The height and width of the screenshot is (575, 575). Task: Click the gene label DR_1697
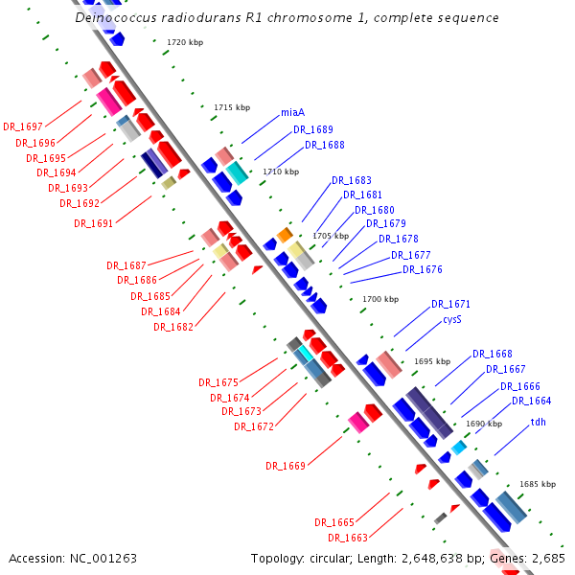(x=22, y=126)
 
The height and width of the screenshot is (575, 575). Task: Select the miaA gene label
(x=292, y=113)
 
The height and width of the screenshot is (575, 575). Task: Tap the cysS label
(x=452, y=320)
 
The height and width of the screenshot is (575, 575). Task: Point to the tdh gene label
(x=539, y=422)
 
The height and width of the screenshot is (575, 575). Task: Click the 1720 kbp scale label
(x=185, y=43)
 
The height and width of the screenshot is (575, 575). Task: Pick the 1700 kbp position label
(x=380, y=300)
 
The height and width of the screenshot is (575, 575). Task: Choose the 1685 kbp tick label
(x=538, y=485)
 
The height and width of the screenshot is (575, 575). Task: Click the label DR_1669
(x=285, y=467)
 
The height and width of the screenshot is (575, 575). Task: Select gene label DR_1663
(x=347, y=538)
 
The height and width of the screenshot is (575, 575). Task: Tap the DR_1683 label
(x=351, y=180)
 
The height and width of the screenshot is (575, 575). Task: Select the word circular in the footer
(x=333, y=558)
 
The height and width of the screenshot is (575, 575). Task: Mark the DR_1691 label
(x=93, y=224)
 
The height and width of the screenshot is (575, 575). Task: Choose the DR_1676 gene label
(x=422, y=270)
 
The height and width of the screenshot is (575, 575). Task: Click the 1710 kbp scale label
(x=282, y=172)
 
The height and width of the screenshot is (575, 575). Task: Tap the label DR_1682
(x=172, y=328)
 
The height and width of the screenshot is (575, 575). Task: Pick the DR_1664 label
(x=531, y=402)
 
